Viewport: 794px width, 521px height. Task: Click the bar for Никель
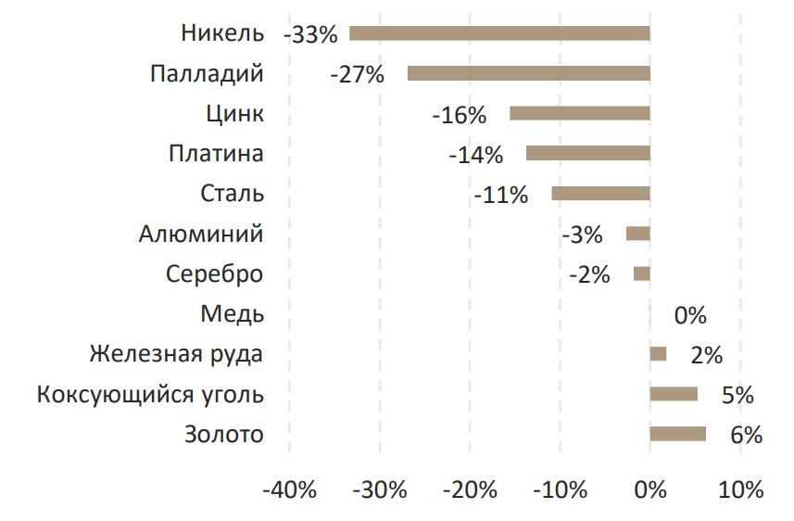coord(499,33)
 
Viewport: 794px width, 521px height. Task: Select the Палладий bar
coord(528,73)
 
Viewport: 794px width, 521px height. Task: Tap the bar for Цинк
coord(579,113)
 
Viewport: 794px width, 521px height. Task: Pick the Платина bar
coord(587,153)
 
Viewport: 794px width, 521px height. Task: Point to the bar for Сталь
coord(600,193)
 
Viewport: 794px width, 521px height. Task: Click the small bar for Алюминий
coord(637,234)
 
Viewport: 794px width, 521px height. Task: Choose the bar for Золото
coord(677,434)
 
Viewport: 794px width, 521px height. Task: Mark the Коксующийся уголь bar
coord(674,394)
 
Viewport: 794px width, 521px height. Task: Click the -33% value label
coord(310,35)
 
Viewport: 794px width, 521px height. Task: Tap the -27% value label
coord(357,75)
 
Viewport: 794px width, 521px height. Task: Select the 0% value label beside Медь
coord(690,315)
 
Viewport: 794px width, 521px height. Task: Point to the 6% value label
coord(746,435)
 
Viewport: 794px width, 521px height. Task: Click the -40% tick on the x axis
coord(290,490)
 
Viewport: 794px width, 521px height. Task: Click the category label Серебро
coord(214,274)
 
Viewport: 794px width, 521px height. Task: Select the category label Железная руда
coord(176,354)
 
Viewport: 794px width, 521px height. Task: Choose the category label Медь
coord(232,314)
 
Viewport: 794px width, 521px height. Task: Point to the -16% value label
coord(459,115)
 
